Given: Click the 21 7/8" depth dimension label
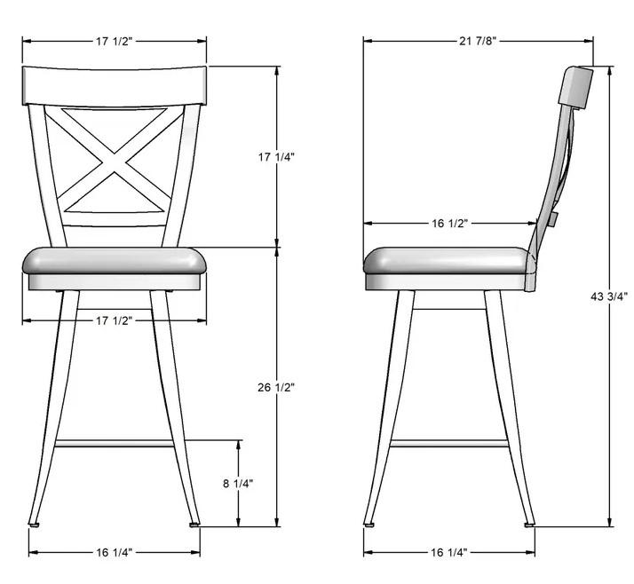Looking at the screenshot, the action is tap(478, 41).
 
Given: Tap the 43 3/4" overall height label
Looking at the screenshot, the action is tap(609, 296).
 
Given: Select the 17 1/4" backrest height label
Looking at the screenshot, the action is tap(276, 156).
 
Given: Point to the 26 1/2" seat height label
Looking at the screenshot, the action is tap(276, 387).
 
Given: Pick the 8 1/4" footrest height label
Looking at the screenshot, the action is tap(238, 483).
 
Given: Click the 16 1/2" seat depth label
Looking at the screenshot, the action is tap(450, 223).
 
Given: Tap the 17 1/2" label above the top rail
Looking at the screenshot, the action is tap(114, 41).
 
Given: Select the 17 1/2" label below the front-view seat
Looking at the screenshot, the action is tap(114, 320).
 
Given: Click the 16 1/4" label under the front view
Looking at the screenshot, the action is tap(114, 552).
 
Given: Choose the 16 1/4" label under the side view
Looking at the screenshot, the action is tap(449, 552).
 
